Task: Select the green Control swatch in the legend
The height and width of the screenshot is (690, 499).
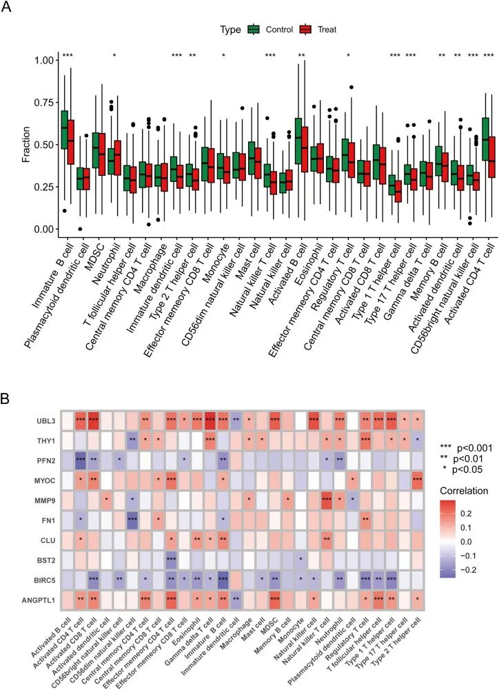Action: point(252,30)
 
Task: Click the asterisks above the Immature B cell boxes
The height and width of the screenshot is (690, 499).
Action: point(68,55)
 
